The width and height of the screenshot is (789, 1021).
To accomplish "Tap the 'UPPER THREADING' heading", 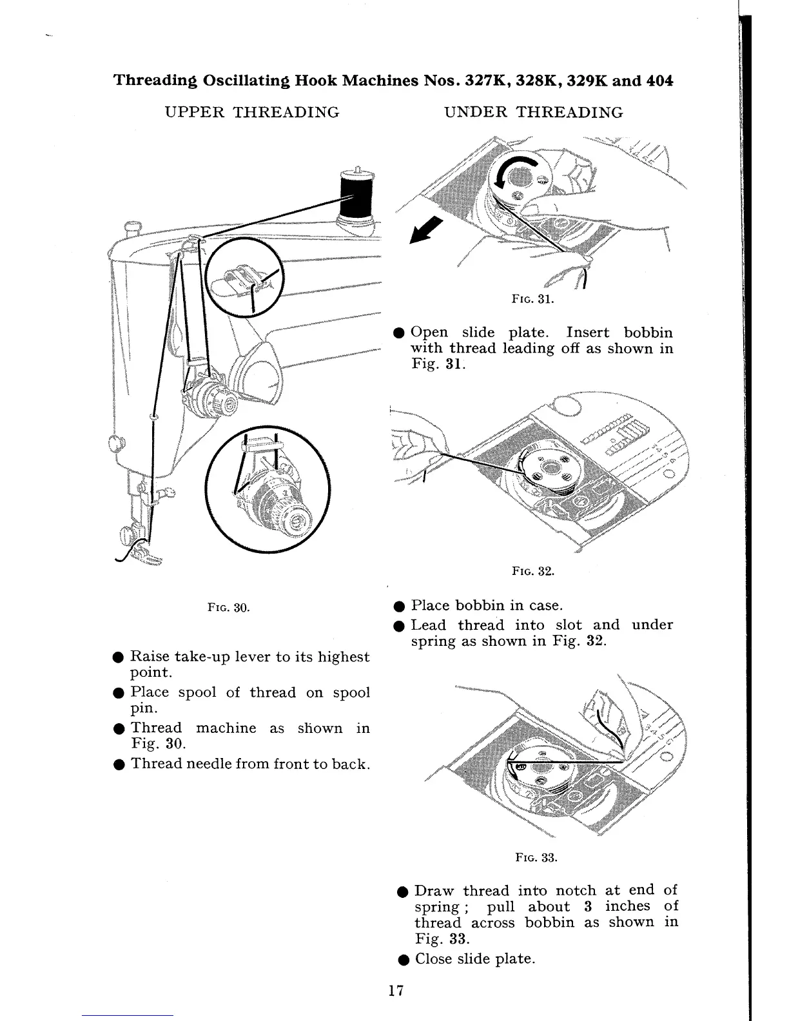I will [252, 113].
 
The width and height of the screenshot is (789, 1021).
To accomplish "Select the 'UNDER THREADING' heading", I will [534, 113].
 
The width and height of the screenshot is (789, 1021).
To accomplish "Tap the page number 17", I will [396, 991].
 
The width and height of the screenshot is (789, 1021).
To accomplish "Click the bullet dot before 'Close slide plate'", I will [402, 959].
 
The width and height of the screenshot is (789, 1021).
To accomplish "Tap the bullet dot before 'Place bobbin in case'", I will [399, 606].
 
